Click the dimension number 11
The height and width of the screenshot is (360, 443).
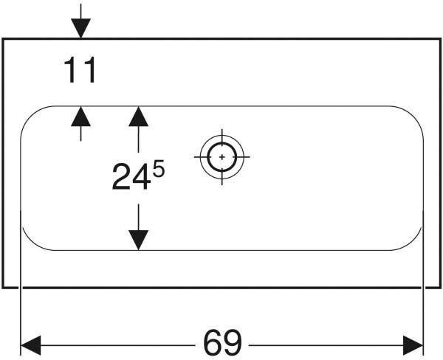pyautogui.click(x=80, y=70)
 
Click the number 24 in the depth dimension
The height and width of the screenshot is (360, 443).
pyautogui.click(x=131, y=177)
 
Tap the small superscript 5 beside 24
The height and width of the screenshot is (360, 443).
pyautogui.click(x=159, y=168)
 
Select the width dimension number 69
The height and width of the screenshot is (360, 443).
pyautogui.click(x=222, y=342)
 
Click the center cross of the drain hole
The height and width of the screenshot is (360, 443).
pyautogui.click(x=222, y=156)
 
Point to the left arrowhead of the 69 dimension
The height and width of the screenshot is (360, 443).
pyautogui.click(x=31, y=345)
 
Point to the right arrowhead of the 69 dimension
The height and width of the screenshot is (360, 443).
pyautogui.click(x=413, y=345)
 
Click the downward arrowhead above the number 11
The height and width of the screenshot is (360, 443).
pyautogui.click(x=80, y=28)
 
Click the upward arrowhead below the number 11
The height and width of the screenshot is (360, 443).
pyautogui.click(x=80, y=116)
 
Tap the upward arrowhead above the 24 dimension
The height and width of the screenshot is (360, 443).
pyautogui.click(x=139, y=116)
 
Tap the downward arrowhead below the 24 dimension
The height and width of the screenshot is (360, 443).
pyautogui.click(x=139, y=240)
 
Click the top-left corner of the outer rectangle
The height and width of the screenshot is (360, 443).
pyautogui.click(x=3, y=38)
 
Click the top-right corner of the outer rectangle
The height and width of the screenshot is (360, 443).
pyautogui.click(x=440, y=38)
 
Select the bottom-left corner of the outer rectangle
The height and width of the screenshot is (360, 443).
pyautogui.click(x=3, y=288)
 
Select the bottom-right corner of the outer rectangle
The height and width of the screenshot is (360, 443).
pyautogui.click(x=440, y=288)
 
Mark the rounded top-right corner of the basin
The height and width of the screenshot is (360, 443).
pyautogui.click(x=414, y=115)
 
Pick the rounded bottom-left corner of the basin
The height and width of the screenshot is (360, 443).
pyautogui.click(x=30, y=242)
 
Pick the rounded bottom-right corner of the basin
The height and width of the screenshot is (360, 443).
pyautogui.click(x=414, y=242)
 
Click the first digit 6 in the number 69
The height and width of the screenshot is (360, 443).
pyautogui.click(x=213, y=342)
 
